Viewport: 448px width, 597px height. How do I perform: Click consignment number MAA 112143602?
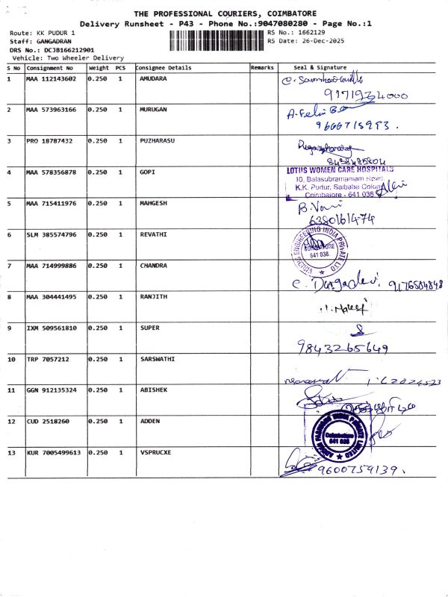[51, 78]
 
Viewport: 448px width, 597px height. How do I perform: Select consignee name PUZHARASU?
[157, 140]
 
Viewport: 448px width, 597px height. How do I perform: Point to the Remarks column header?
[262, 68]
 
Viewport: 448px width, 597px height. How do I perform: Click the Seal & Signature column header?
[320, 68]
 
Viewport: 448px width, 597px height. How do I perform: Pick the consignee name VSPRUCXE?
[155, 453]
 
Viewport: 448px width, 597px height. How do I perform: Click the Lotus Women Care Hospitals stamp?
[340, 181]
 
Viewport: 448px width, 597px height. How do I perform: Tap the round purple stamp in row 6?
[314, 246]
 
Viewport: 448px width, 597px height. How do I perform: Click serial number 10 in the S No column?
[11, 359]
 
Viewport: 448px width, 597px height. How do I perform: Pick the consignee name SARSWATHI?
[158, 359]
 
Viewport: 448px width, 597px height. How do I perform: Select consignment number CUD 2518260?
[49, 422]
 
